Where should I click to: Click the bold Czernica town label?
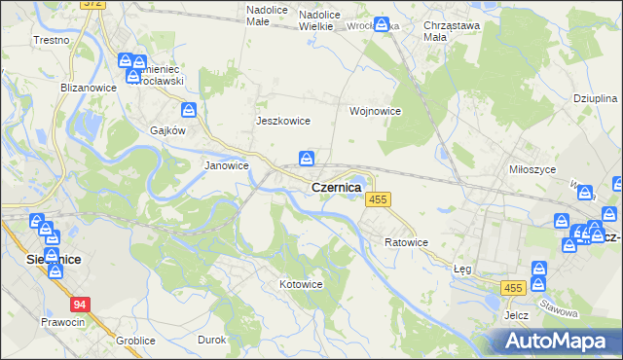coord(336,186)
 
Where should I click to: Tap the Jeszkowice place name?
coord(282,121)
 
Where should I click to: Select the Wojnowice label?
coord(376,111)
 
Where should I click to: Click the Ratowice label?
coord(406,241)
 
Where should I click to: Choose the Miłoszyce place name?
coord(532,168)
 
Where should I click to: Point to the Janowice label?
coord(226,165)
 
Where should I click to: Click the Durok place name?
coord(212,340)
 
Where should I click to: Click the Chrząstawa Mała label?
coord(449,33)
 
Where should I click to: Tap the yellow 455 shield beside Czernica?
coord(379,199)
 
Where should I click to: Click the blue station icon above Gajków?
coord(190,111)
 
